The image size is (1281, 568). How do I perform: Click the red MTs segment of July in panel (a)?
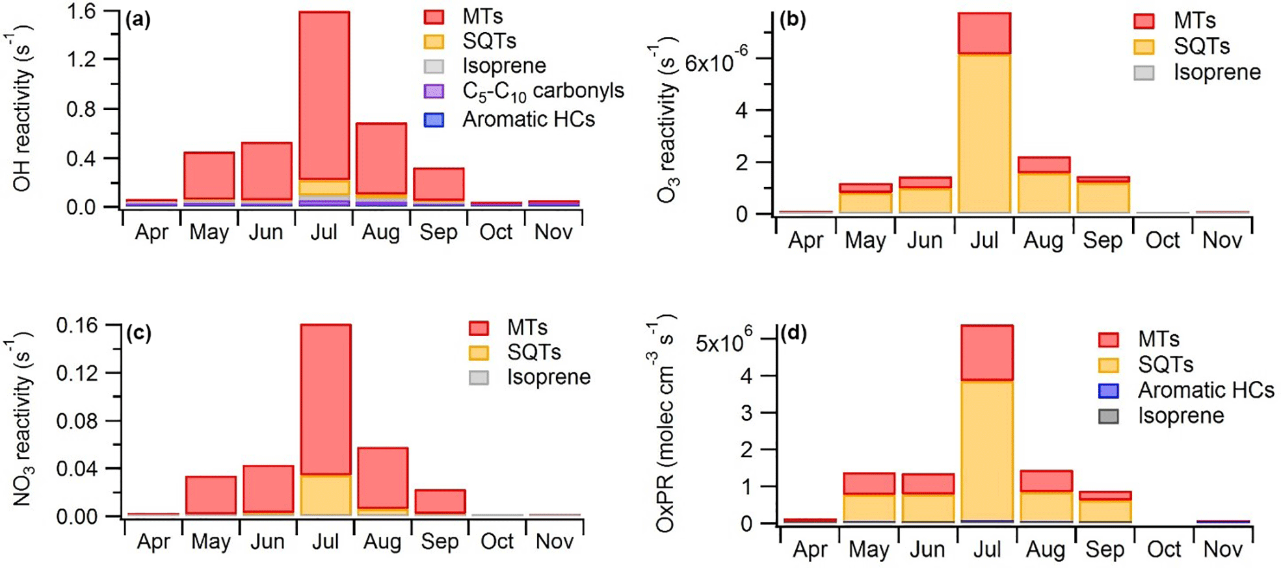tap(324, 94)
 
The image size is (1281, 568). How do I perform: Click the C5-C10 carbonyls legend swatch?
tap(434, 92)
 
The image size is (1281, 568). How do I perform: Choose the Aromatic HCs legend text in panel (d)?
tap(1206, 390)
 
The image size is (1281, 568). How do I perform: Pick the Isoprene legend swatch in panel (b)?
tap(1144, 72)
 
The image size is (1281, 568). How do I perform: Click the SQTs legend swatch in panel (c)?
tap(479, 352)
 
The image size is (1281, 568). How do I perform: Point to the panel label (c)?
tap(139, 333)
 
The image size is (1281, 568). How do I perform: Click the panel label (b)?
tap(793, 19)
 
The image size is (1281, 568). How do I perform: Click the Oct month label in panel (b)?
tap(1163, 240)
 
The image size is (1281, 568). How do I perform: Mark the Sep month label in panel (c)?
tap(440, 541)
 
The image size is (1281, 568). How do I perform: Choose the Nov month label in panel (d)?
tap(1222, 549)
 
